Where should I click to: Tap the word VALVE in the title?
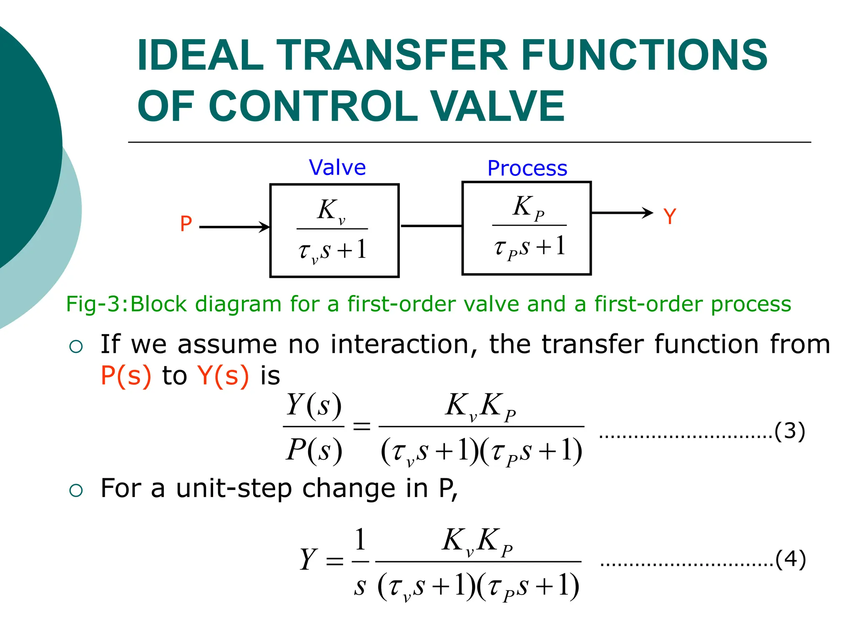point(497,106)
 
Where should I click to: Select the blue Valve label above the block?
point(337,167)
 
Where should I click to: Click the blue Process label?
point(527,168)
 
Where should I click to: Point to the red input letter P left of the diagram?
point(186,224)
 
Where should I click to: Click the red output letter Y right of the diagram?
point(670,217)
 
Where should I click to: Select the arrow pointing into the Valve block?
point(235,227)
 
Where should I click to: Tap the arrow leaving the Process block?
point(622,213)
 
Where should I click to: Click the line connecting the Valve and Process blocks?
point(431,226)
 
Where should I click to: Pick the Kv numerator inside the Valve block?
point(331,210)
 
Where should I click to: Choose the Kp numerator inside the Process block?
point(528,207)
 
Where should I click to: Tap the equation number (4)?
point(790,559)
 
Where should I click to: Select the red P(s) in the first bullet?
point(126,375)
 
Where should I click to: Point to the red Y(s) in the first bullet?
point(223,375)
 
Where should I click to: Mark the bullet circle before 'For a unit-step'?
point(76,490)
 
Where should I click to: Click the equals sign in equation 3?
point(362,426)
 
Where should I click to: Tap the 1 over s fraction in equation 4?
point(360,561)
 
